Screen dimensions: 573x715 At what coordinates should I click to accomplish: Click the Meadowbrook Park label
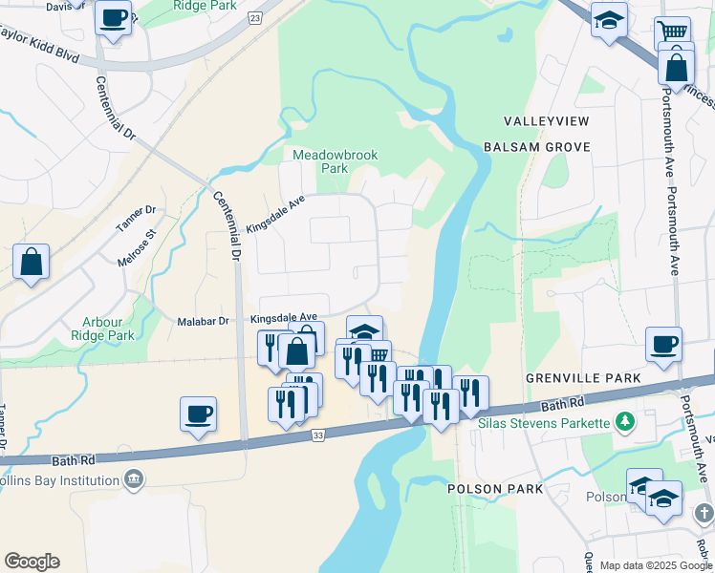point(322,161)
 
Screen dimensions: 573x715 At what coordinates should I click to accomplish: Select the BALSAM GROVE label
point(536,147)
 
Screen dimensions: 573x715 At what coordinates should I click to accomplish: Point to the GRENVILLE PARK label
point(583,378)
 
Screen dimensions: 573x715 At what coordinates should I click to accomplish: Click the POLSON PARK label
point(495,489)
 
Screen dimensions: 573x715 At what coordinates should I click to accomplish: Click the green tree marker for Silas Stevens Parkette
point(625,420)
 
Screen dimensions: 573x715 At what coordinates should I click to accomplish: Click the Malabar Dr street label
point(204,321)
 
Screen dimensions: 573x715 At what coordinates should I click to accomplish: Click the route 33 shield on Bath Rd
point(318,435)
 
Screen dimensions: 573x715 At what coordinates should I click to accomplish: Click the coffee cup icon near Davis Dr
point(114,18)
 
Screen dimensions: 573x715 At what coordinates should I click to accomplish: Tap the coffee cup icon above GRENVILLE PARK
point(663,345)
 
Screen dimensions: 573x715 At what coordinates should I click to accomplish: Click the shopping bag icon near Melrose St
point(31,262)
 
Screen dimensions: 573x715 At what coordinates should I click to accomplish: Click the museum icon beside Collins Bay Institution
point(134,477)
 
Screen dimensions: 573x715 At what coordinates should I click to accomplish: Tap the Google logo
point(32,562)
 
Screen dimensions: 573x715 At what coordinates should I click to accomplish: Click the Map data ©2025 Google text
point(654,565)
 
